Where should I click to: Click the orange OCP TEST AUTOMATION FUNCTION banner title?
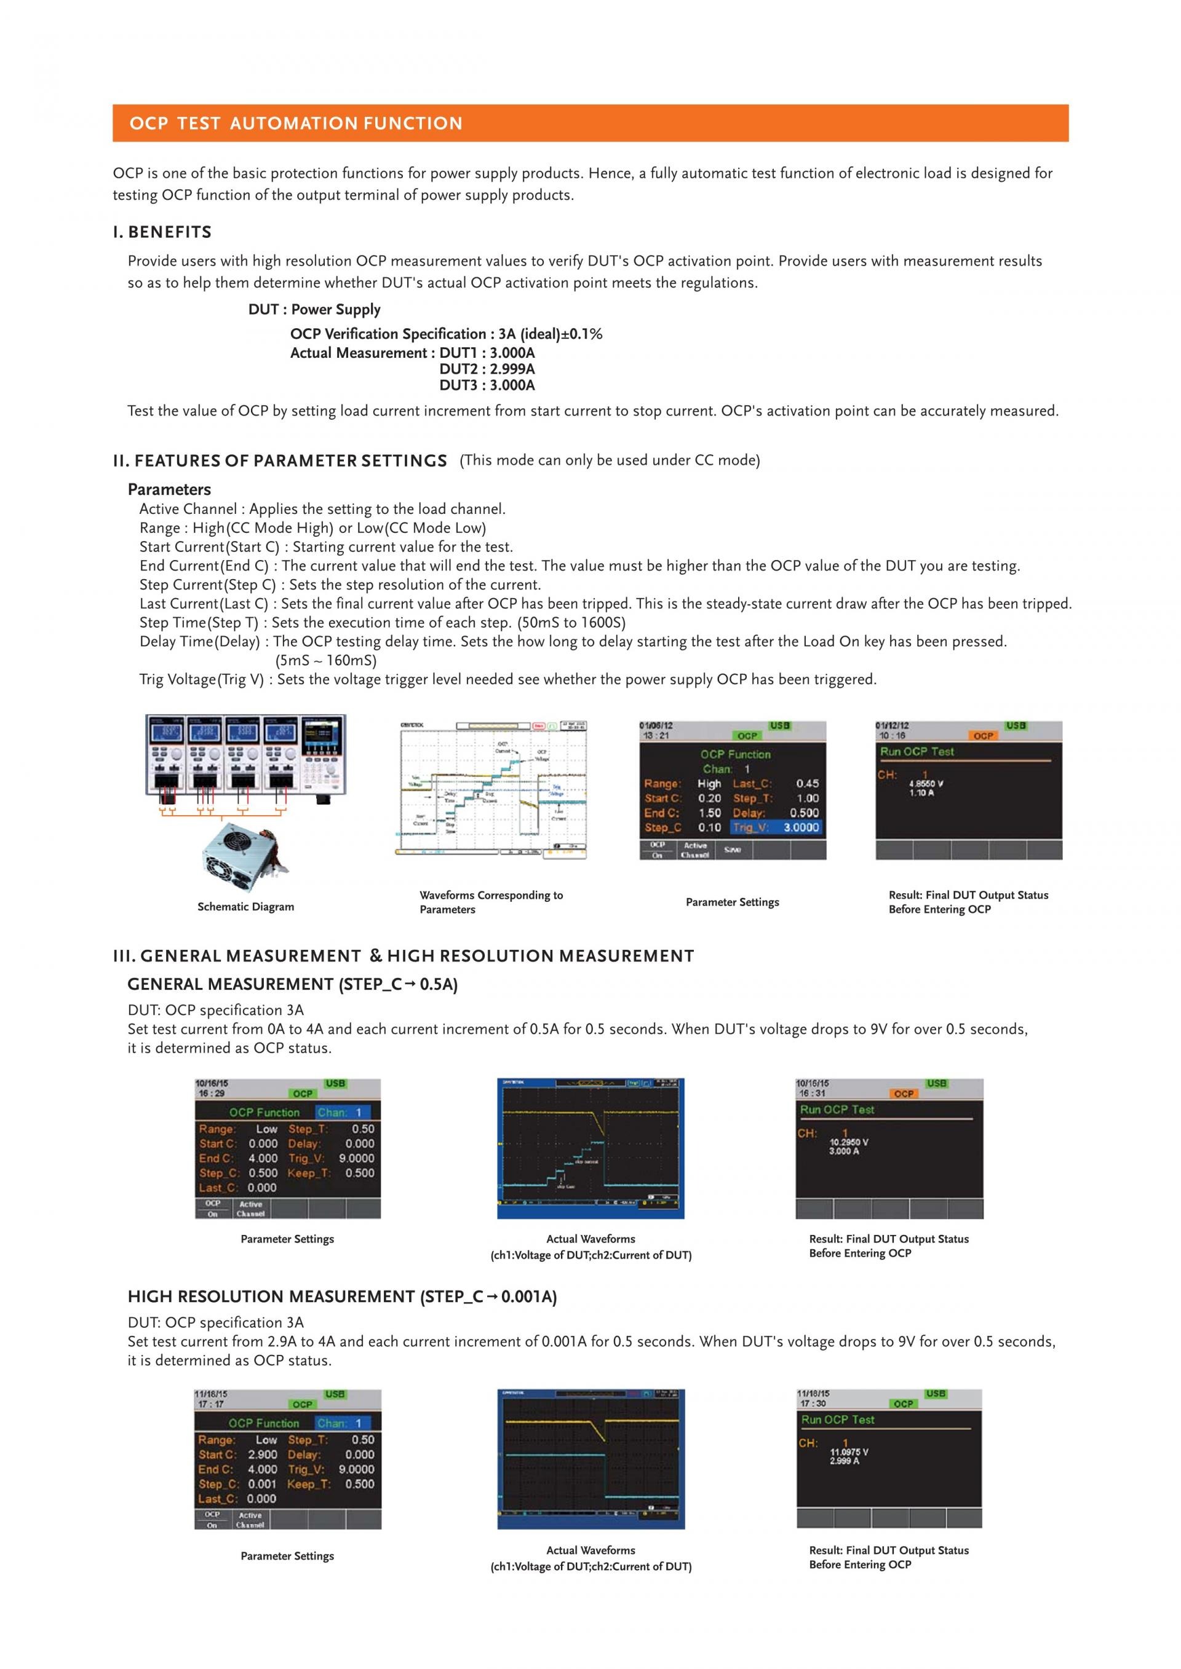coord(295,124)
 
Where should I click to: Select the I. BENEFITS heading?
coord(162,232)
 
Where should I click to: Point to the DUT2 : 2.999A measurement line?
coord(487,369)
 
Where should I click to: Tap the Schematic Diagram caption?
coord(246,907)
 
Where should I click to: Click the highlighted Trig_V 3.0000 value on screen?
coord(800,827)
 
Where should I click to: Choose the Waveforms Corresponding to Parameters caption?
coord(491,902)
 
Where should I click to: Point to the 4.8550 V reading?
coord(926,784)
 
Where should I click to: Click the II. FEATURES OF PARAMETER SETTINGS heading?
coord(280,461)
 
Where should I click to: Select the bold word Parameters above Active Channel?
coord(169,489)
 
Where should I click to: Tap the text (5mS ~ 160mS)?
coord(326,661)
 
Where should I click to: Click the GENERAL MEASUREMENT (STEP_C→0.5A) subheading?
coord(292,984)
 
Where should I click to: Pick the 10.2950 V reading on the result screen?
coord(849,1142)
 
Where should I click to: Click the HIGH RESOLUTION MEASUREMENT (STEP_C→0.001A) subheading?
coord(342,1297)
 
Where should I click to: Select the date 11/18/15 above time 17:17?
coord(212,1394)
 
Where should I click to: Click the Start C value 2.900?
coord(262,1454)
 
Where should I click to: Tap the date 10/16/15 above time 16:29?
coord(212,1083)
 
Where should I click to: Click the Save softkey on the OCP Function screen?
coord(733,849)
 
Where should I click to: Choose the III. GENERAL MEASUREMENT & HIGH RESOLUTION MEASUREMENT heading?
coord(404,956)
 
